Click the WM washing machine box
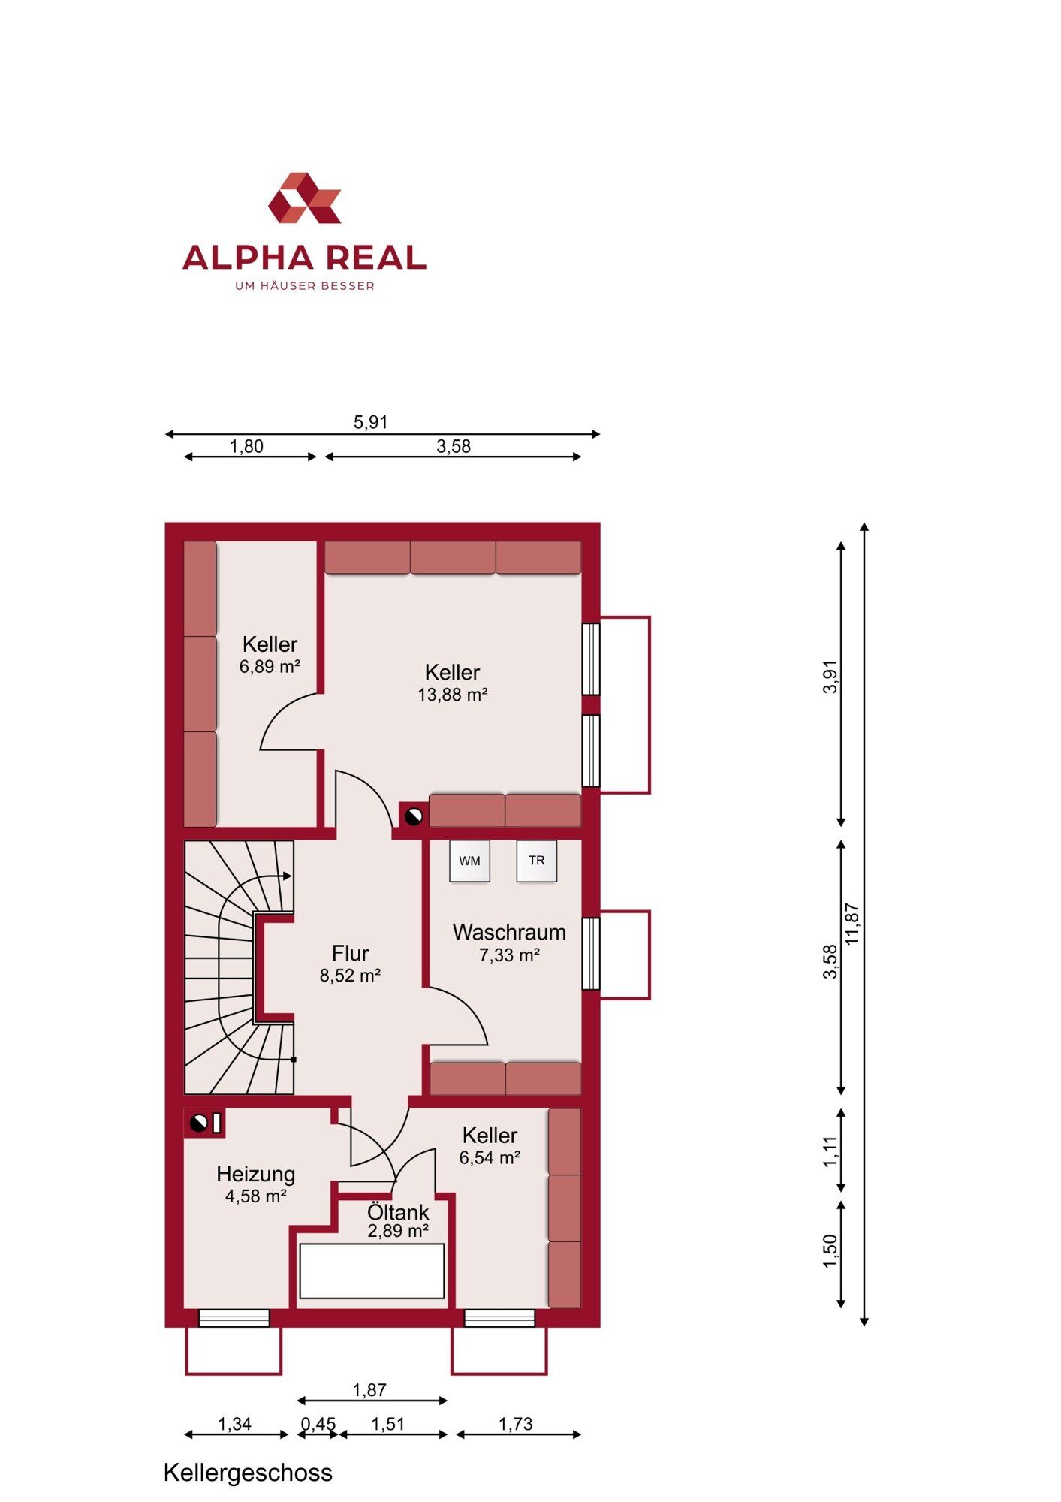coord(470,861)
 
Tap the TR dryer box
coord(537,861)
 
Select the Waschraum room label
coord(509,932)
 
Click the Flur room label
coord(350,953)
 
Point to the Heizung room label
coord(255,1174)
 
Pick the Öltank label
coord(398,1212)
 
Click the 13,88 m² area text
coord(453,695)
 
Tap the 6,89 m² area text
coord(270,666)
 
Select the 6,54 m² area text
coord(490,1157)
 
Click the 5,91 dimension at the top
coord(371,422)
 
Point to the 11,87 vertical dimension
coord(852,924)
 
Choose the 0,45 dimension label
coord(318,1424)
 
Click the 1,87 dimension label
coord(369,1390)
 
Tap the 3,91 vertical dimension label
coord(830,677)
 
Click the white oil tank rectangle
coord(372,1271)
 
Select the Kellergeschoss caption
coord(248,1473)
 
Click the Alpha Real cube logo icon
coord(305,198)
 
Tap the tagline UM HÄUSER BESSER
coord(305,285)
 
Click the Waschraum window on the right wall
coord(591,954)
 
